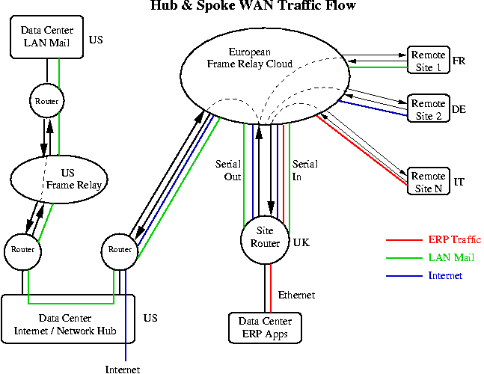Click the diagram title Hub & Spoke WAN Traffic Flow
(x=254, y=6)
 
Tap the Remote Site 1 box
(x=428, y=60)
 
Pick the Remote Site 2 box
(x=428, y=108)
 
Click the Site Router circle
(x=265, y=238)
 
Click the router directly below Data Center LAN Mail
(x=46, y=100)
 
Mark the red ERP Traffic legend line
(x=405, y=241)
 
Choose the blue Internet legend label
(x=445, y=276)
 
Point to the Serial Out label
(x=227, y=170)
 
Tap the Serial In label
(x=305, y=170)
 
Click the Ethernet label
(x=297, y=295)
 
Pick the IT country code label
(x=459, y=182)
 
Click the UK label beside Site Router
(x=301, y=243)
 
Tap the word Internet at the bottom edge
(x=123, y=369)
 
